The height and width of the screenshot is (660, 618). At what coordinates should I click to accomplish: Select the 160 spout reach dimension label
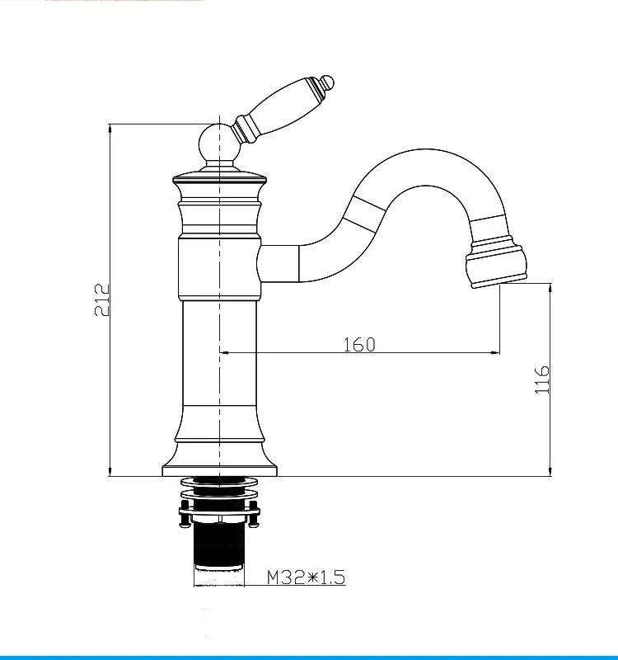point(359,344)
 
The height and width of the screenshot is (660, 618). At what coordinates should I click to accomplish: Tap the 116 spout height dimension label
point(541,379)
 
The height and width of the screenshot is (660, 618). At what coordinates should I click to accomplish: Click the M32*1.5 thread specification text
point(305,577)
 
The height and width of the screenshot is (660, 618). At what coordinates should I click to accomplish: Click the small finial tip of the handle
point(328,82)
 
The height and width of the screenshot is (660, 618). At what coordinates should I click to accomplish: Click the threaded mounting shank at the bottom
point(219,549)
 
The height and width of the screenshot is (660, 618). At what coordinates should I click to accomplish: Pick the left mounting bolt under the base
point(183,516)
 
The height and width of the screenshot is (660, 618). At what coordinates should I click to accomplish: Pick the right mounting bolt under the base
point(255,516)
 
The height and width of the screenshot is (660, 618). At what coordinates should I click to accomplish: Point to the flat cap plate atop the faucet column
point(219,177)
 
